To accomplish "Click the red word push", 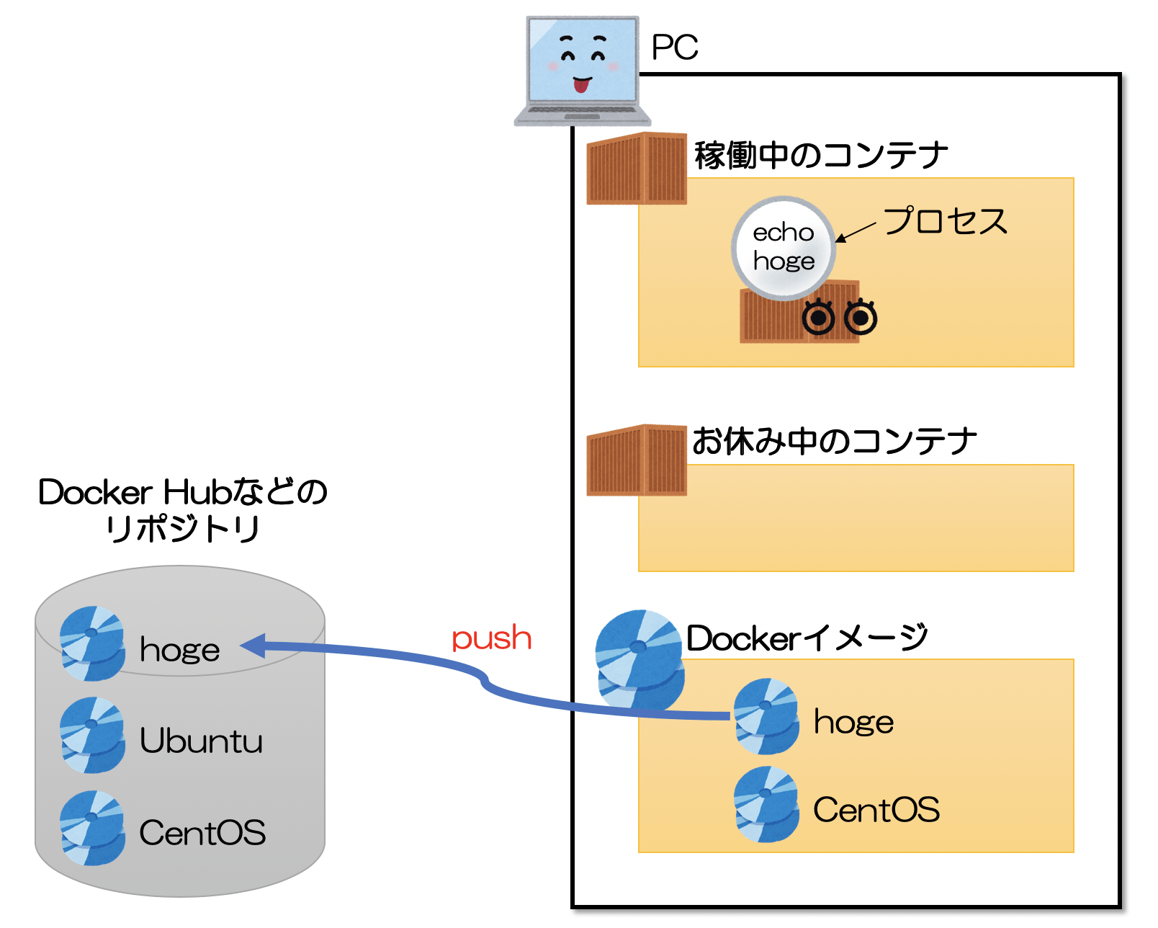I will click(491, 639).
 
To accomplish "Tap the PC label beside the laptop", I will click(674, 48).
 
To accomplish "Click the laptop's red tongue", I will click(580, 86).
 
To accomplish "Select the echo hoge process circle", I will click(784, 247).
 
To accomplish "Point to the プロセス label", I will click(945, 221).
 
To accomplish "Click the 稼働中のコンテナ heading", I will click(821, 156).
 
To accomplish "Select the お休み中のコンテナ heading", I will click(834, 441).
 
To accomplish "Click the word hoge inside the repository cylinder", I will click(179, 650).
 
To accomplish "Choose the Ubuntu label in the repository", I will click(201, 741).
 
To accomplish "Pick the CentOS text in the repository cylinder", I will click(202, 833).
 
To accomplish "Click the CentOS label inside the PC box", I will click(876, 810).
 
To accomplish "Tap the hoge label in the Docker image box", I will click(853, 722).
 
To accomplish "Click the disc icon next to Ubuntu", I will click(92, 736).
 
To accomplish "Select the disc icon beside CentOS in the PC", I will click(766, 805).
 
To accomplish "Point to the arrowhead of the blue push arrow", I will click(252, 646).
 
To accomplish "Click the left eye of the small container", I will click(818, 317).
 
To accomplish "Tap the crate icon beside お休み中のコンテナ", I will click(636, 460).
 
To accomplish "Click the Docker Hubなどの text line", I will click(183, 493).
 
